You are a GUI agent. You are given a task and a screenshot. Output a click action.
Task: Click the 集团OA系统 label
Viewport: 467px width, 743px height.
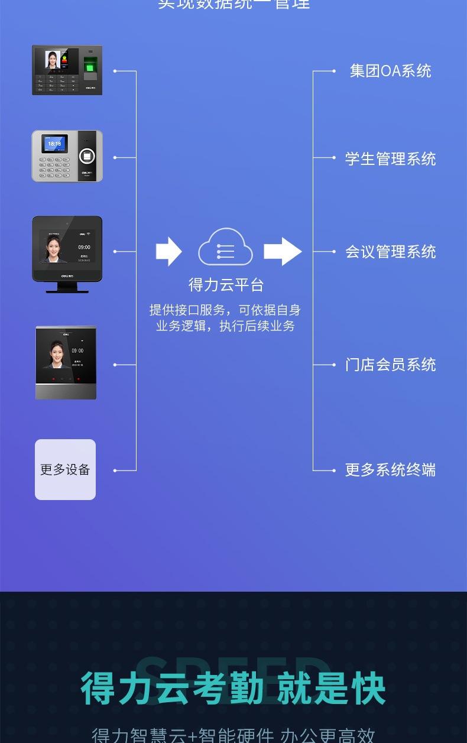[390, 71]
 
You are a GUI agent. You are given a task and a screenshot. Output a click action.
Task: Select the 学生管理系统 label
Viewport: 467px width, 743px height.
[390, 158]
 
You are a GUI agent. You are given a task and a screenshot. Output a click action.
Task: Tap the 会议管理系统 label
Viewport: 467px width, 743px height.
[390, 252]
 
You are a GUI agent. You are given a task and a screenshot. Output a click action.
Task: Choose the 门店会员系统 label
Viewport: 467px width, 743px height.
[390, 365]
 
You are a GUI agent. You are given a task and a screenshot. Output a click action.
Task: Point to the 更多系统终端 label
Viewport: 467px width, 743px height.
[390, 470]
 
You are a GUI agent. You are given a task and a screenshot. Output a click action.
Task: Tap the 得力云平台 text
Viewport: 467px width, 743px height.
[226, 285]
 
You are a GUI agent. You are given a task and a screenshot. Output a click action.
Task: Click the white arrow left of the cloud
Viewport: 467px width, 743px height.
[168, 251]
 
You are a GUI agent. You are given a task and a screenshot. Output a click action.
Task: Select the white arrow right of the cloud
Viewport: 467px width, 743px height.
[282, 251]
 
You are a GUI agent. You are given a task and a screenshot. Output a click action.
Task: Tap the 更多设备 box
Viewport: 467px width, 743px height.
[65, 470]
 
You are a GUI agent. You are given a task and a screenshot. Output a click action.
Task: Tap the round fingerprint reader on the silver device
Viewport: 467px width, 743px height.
[87, 157]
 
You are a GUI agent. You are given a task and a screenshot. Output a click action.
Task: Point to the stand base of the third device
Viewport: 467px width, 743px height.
[67, 289]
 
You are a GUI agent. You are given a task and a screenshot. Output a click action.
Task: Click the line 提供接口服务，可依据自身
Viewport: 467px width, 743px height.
[225, 310]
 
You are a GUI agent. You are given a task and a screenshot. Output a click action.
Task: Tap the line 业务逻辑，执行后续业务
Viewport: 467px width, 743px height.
[225, 326]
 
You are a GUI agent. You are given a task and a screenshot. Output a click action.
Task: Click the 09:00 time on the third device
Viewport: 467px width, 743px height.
[84, 247]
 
